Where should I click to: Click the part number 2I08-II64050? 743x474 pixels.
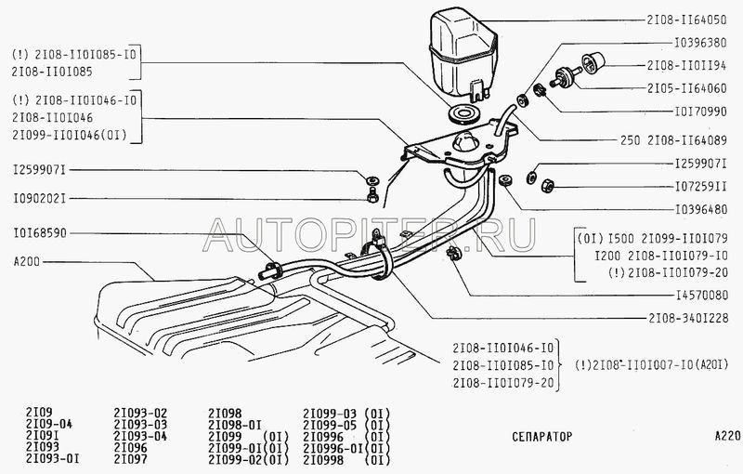686,20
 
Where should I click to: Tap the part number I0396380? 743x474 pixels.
700,43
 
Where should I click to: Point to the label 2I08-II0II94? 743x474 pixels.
686,65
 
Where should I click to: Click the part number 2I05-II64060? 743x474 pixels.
686,88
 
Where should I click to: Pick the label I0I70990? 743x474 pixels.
700,112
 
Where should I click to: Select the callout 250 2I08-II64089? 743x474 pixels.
673,140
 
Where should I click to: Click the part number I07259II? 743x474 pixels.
700,187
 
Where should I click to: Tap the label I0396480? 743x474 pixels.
700,209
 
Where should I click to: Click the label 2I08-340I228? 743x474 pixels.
688,318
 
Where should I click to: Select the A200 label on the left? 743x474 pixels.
27,262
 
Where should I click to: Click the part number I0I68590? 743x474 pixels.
40,233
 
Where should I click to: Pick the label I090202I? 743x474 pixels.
40,199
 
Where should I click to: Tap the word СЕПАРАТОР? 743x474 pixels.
541,436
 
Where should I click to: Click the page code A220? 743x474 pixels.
727,436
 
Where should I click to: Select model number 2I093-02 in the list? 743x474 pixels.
140,414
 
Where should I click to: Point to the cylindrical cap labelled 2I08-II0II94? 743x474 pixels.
593,62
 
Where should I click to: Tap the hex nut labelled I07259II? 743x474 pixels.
547,185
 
